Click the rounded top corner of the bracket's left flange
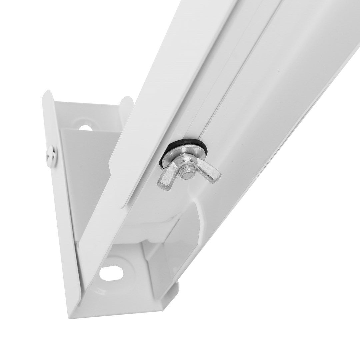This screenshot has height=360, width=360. point(49,94)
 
